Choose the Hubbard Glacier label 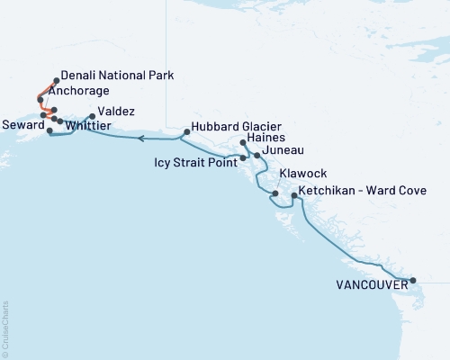[235, 128]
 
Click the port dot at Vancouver [413, 281]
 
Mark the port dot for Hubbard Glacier [186, 132]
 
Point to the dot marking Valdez [92, 116]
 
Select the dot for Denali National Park [57, 80]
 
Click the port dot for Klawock [274, 193]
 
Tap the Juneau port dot [257, 156]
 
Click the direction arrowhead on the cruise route [142, 139]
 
